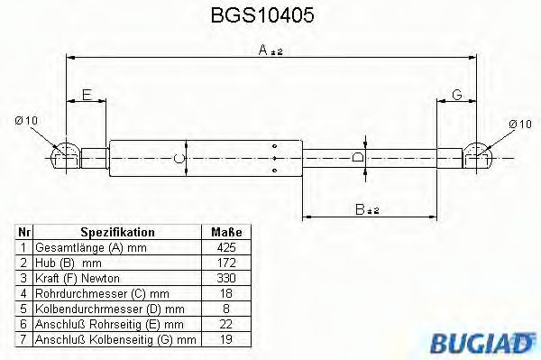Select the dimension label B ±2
367,209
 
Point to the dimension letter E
87,94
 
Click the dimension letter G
457,94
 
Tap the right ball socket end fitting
478,157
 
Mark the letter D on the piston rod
358,157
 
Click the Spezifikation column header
117,232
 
